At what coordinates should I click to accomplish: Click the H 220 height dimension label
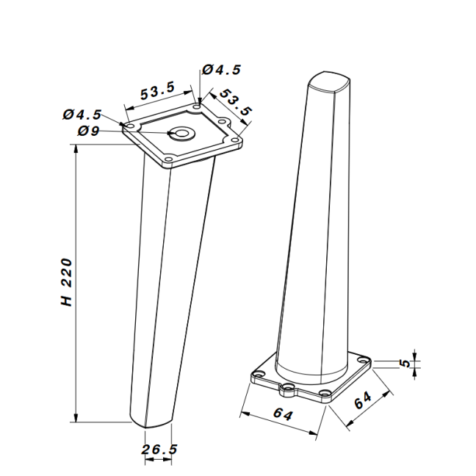pyautogui.click(x=67, y=282)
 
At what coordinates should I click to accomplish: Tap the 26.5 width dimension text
pyautogui.click(x=159, y=450)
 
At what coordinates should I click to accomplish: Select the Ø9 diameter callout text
pyautogui.click(x=88, y=131)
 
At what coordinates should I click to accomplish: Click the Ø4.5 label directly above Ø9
pyautogui.click(x=82, y=115)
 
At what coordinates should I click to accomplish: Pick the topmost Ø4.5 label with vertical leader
pyautogui.click(x=222, y=70)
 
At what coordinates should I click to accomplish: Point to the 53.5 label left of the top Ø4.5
pyautogui.click(x=157, y=90)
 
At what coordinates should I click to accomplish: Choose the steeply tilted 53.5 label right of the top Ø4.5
pyautogui.click(x=236, y=102)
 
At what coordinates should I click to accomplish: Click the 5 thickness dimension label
pyautogui.click(x=405, y=363)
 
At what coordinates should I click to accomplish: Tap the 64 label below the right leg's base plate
pyautogui.click(x=283, y=414)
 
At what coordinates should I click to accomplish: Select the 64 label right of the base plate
pyautogui.click(x=363, y=400)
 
